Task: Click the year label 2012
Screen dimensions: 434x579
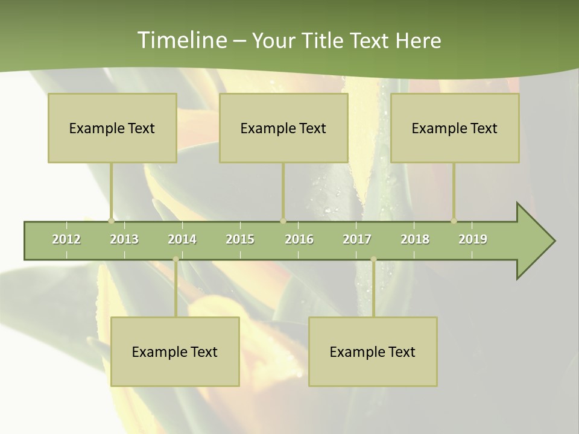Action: [66, 239]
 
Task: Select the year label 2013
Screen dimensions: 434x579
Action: [124, 239]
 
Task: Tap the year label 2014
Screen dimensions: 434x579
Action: [182, 239]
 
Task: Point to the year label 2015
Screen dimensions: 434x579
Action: [240, 239]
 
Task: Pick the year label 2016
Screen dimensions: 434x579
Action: [299, 239]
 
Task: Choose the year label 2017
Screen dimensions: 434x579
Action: [357, 239]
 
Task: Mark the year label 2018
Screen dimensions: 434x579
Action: [415, 239]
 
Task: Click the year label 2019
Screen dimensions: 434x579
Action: [473, 239]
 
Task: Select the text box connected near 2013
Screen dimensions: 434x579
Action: [112, 128]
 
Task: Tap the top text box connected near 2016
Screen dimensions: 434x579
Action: [283, 128]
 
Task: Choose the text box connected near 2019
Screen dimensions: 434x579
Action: [455, 128]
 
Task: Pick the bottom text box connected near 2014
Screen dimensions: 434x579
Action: [175, 351]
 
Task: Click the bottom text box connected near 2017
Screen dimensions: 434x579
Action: [373, 351]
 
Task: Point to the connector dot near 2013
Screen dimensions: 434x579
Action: [111, 221]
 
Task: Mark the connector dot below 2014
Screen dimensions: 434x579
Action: [176, 259]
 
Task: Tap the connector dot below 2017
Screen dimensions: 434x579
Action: [373, 259]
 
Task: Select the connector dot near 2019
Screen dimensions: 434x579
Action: [454, 221]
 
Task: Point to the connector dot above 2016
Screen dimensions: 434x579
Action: [283, 221]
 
